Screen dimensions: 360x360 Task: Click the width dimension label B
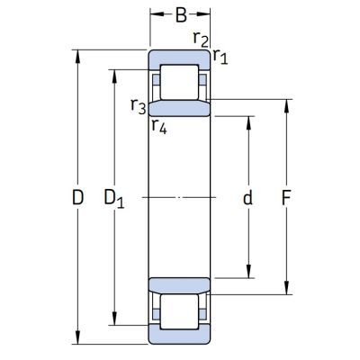coord(181,15)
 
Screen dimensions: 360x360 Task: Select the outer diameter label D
coord(77,197)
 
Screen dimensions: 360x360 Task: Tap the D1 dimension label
coord(114,199)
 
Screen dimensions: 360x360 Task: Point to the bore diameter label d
coord(247,197)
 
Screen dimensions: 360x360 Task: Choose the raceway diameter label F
coord(286,198)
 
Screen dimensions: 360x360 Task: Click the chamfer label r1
coord(220,57)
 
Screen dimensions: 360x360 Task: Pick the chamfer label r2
coord(201,40)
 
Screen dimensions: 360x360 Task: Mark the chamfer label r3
coord(139,106)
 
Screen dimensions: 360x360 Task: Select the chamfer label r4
coord(159,126)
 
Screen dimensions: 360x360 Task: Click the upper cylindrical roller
coord(179,82)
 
